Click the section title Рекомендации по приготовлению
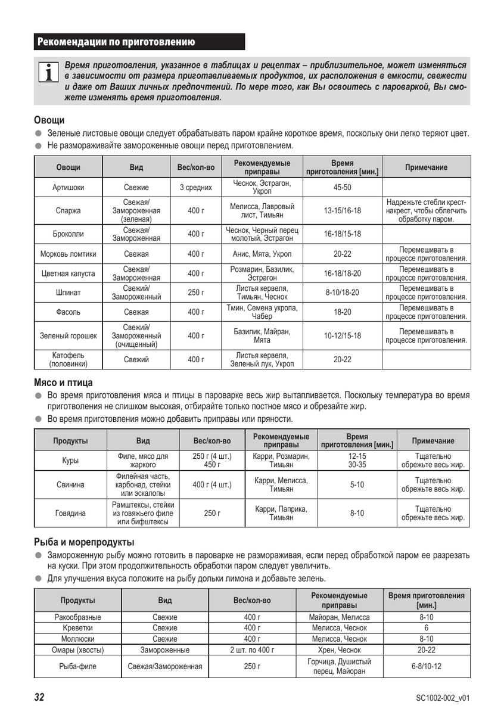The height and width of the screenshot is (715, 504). pyautogui.click(x=116, y=42)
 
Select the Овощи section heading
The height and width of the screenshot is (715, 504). pyautogui.click(x=49, y=120)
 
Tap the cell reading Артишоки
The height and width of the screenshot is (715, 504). pyautogui.click(x=69, y=187)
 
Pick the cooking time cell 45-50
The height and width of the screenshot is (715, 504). pyautogui.click(x=342, y=187)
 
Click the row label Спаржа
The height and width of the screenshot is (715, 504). pyautogui.click(x=69, y=210)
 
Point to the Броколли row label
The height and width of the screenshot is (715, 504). pyautogui.click(x=69, y=234)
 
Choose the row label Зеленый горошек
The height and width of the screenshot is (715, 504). pyautogui.click(x=69, y=335)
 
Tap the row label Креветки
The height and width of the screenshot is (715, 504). pyautogui.click(x=77, y=627)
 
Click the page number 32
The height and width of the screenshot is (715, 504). pyautogui.click(x=39, y=697)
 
